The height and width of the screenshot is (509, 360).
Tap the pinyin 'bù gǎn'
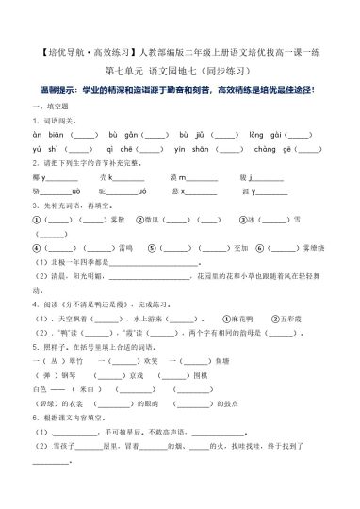pyautogui.click(x=125, y=135)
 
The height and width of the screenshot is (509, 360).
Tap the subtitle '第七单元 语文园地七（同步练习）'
pyautogui.click(x=179, y=70)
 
